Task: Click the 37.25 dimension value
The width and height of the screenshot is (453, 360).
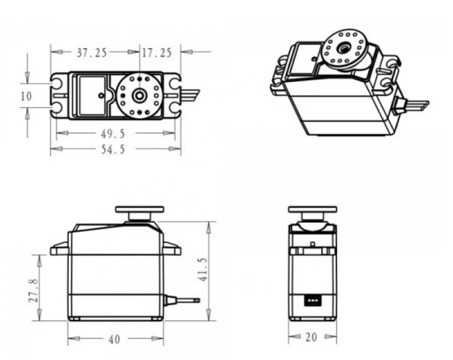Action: coord(92,53)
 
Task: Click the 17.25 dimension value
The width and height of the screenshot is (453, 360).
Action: coord(157,53)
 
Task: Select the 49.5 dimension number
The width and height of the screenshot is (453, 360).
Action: coord(113,134)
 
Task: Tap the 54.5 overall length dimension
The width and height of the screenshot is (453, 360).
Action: coord(113,149)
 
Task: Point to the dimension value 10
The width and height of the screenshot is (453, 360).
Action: coord(26,96)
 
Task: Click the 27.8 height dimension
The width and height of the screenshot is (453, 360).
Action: coord(34,291)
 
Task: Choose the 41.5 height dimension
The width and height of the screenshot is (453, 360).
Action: coord(203,270)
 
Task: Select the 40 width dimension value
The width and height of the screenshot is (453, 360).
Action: coord(114,340)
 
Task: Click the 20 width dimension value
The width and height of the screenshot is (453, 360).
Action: coord(311,337)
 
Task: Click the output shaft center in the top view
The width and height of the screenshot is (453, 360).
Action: coord(139,95)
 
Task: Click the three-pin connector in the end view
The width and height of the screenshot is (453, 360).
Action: coord(312,300)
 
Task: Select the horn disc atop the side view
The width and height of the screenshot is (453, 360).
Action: coord(139,209)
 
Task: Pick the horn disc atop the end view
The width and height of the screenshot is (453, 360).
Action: coord(312,209)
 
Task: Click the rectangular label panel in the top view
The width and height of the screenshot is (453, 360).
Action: coord(92,95)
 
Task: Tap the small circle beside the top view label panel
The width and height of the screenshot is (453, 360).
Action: coord(101,95)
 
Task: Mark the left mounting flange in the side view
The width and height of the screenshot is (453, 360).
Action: coord(60,249)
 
